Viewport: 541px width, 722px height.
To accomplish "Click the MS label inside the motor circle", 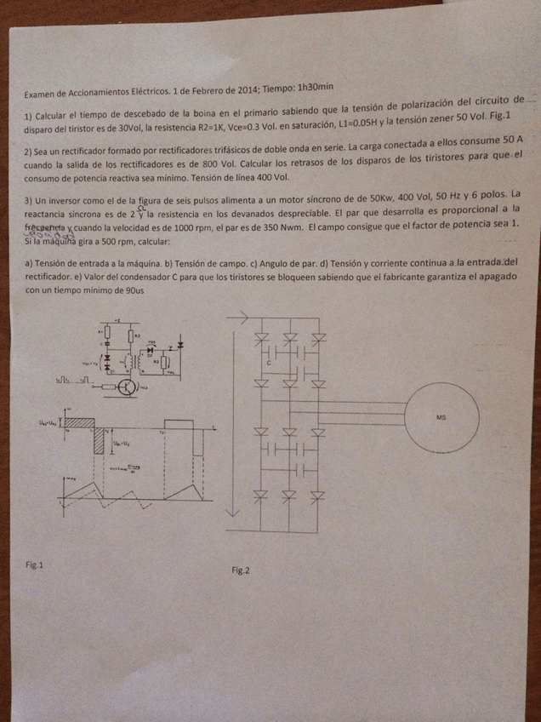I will click(x=440, y=417).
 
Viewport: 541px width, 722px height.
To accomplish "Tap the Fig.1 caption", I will click(x=37, y=564).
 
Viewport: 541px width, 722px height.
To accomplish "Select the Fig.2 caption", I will click(x=241, y=570).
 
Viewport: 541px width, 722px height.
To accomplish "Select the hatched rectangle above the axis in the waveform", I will click(x=80, y=421).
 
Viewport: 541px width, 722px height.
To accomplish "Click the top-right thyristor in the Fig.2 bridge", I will click(x=319, y=339).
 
